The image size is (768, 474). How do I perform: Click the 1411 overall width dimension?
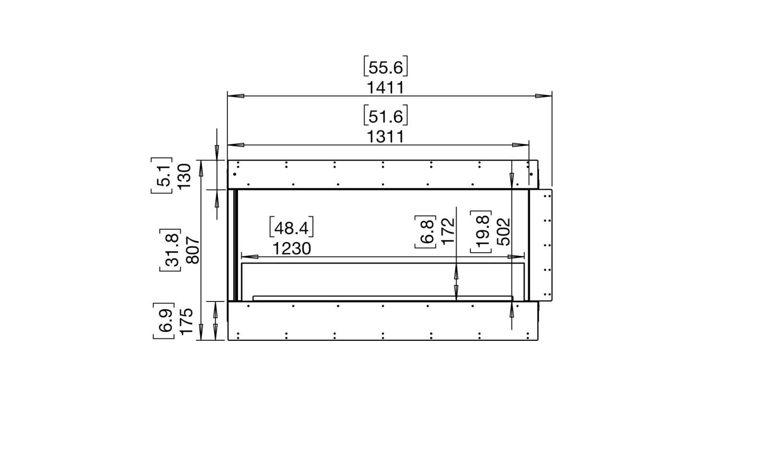(386, 88)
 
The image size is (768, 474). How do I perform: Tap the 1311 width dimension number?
(386, 137)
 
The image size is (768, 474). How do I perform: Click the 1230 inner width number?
(292, 248)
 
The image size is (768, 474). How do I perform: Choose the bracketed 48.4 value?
(291, 227)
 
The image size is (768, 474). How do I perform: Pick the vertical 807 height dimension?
(193, 251)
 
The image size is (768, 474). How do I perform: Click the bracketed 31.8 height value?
(171, 250)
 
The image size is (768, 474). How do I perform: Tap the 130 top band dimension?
(184, 176)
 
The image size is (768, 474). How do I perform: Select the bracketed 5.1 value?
(162, 176)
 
